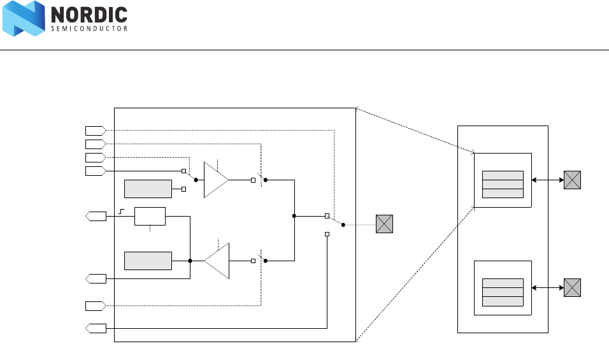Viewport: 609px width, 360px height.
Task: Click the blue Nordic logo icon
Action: [24, 18]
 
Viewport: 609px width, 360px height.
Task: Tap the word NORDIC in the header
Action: [89, 14]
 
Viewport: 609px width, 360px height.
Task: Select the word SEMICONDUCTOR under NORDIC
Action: [89, 29]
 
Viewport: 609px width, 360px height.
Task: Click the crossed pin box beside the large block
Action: [384, 224]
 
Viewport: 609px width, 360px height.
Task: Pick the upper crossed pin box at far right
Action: [572, 180]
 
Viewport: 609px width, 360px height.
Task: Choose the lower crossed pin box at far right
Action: [572, 288]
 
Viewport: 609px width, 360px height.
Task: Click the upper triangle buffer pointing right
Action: [216, 180]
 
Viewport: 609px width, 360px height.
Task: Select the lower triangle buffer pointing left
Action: [217, 261]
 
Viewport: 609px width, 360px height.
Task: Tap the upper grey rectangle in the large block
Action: [148, 189]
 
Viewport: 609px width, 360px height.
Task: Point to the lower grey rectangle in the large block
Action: [148, 261]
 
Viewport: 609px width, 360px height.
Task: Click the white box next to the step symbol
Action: [150, 216]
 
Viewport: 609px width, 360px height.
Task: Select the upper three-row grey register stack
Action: [503, 184]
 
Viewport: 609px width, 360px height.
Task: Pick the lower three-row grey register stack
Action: [503, 292]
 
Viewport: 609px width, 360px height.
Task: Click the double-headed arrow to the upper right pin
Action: [547, 180]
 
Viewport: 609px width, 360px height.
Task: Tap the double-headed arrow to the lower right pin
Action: [547, 288]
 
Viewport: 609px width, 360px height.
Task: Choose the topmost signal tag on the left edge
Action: [95, 131]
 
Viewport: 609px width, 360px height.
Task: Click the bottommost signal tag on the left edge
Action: [96, 328]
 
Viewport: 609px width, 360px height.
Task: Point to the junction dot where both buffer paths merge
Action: [294, 216]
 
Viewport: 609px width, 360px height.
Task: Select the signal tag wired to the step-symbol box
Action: [96, 216]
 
